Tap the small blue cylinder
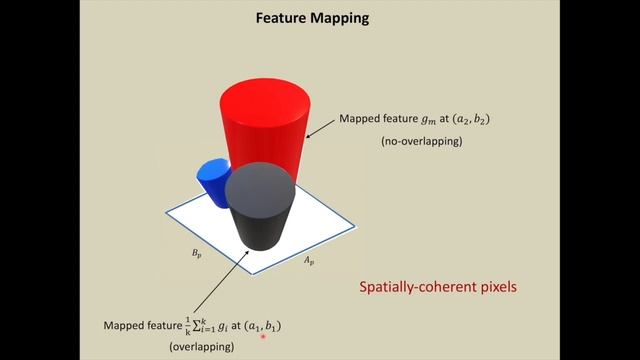point(213,181)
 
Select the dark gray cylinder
point(260,215)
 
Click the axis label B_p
point(198,254)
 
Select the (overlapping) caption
point(200,346)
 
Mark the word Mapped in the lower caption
point(124,326)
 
